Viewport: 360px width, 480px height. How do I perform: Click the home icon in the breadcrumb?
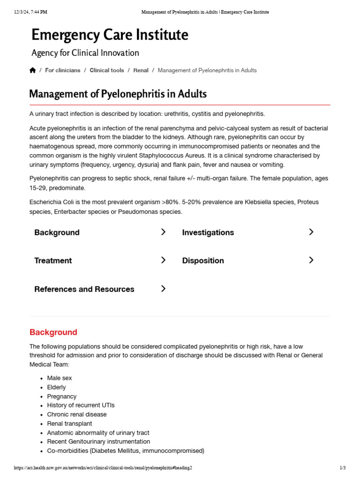[x=32, y=70]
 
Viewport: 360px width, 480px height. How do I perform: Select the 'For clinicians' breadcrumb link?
[x=62, y=70]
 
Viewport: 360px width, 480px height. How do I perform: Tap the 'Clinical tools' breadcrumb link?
[x=107, y=70]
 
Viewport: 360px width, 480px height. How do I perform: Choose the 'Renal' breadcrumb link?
[x=141, y=70]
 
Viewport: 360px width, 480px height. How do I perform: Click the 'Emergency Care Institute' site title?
[x=110, y=35]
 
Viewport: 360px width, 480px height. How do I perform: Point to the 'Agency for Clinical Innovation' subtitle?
[x=85, y=53]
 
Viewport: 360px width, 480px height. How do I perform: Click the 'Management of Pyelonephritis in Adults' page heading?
[x=118, y=94]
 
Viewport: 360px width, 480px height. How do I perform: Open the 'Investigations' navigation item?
[x=208, y=232]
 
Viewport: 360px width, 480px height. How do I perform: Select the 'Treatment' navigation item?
[x=53, y=261]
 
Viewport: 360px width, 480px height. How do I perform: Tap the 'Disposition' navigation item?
[x=202, y=261]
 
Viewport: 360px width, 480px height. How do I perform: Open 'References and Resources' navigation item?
[x=84, y=289]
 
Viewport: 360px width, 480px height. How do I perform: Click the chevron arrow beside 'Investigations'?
[x=311, y=232]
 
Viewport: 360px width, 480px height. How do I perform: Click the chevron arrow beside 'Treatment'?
[x=163, y=260]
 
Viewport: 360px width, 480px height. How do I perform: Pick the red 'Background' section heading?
[x=53, y=332]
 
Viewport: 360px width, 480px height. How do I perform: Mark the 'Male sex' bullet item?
[x=60, y=378]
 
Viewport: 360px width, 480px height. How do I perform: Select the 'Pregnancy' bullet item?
[x=61, y=397]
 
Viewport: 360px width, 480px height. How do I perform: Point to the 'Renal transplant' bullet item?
[x=69, y=424]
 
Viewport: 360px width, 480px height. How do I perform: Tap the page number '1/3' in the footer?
[x=342, y=468]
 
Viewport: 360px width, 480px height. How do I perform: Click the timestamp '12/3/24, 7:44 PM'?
[x=30, y=12]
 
